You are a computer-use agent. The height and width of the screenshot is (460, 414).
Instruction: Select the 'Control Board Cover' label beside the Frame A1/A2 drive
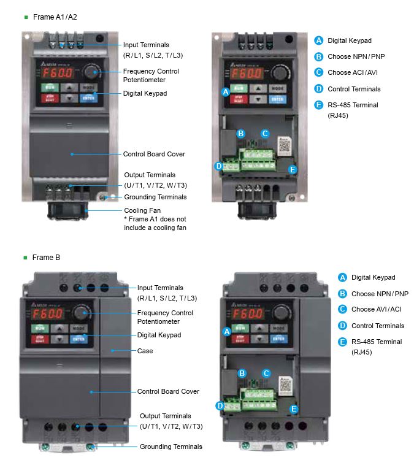point(154,154)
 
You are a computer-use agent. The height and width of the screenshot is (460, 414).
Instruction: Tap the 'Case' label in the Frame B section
point(145,351)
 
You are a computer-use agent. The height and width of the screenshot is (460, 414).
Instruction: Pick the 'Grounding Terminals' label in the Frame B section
point(171,447)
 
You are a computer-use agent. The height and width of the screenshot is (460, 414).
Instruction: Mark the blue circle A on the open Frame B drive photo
point(227,332)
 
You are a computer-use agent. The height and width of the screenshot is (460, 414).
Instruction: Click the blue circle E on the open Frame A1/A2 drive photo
point(293,169)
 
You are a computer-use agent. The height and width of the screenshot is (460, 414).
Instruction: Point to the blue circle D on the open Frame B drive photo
point(220,405)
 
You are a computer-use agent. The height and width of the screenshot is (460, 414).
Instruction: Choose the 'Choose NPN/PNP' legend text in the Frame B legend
point(380,294)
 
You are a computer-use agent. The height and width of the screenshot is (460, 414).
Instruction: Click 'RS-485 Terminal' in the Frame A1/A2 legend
point(353,105)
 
